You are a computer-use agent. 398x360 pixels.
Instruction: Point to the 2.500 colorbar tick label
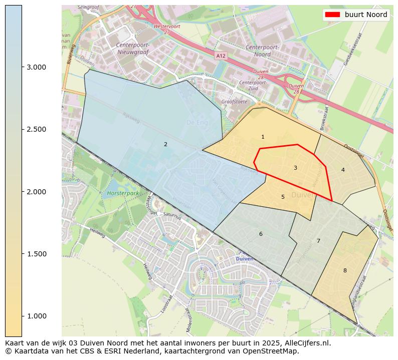coord(37,129)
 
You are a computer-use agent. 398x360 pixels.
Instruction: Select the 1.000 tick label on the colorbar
coord(37,316)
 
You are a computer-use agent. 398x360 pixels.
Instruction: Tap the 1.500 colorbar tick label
coord(37,254)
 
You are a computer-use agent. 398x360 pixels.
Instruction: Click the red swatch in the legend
coord(333,15)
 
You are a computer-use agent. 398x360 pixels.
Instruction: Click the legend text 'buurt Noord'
coord(366,15)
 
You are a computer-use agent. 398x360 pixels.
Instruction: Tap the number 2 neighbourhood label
coord(165,144)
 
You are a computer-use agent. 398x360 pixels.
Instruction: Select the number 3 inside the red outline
coord(295,168)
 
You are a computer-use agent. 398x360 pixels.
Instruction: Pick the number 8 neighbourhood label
coord(345,270)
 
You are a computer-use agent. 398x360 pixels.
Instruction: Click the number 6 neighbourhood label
coord(261,234)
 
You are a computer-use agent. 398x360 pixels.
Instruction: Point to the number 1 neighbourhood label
coord(263,137)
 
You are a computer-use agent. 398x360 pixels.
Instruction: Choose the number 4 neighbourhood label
coord(343,170)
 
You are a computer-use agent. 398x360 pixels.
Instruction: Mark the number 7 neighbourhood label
coord(318,241)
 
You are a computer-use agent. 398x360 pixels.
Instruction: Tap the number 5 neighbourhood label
coord(283,197)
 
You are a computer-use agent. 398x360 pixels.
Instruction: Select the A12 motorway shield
coord(221,56)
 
